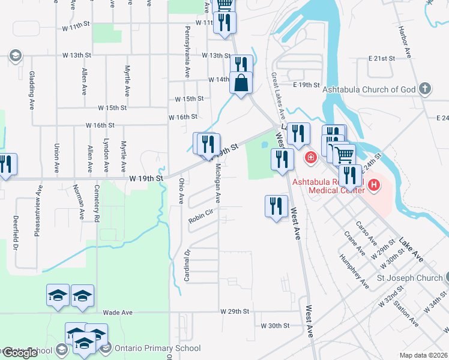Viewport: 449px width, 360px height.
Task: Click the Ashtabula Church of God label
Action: (369, 90)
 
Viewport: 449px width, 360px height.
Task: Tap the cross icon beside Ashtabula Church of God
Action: (425, 89)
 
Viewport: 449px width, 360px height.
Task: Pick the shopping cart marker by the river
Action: (344, 155)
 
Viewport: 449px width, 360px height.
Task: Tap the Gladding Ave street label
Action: (31, 90)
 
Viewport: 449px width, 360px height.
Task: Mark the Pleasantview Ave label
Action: (38, 210)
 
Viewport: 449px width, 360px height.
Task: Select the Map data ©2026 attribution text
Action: (423, 355)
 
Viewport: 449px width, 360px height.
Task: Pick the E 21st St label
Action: (382, 59)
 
